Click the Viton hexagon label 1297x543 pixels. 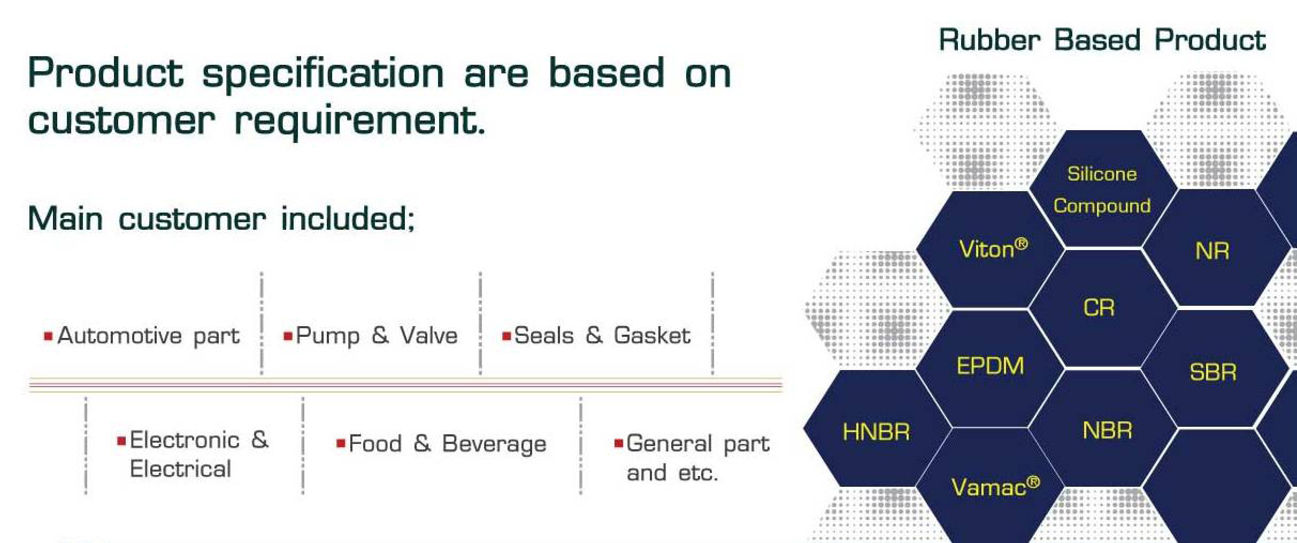tap(993, 249)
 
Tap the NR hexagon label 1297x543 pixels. tap(1212, 251)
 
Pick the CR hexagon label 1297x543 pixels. tap(1099, 308)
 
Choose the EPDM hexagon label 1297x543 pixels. tap(990, 366)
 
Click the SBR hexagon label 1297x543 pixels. tap(1213, 372)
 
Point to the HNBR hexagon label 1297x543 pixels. tap(876, 432)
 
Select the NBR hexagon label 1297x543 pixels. tap(1107, 431)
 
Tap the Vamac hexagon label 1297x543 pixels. tap(995, 487)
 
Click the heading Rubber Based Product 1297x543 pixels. tap(1102, 40)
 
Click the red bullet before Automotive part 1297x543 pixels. tap(48, 336)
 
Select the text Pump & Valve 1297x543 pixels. tap(377, 336)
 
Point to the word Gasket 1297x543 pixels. tap(652, 335)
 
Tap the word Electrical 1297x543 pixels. tap(180, 469)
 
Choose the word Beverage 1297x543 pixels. tap(494, 444)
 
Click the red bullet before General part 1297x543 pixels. tap(619, 443)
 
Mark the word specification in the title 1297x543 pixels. tap(323, 74)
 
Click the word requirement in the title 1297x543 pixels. tap(360, 120)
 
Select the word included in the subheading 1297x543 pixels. tap(348, 219)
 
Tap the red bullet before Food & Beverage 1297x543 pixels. tap(341, 443)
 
